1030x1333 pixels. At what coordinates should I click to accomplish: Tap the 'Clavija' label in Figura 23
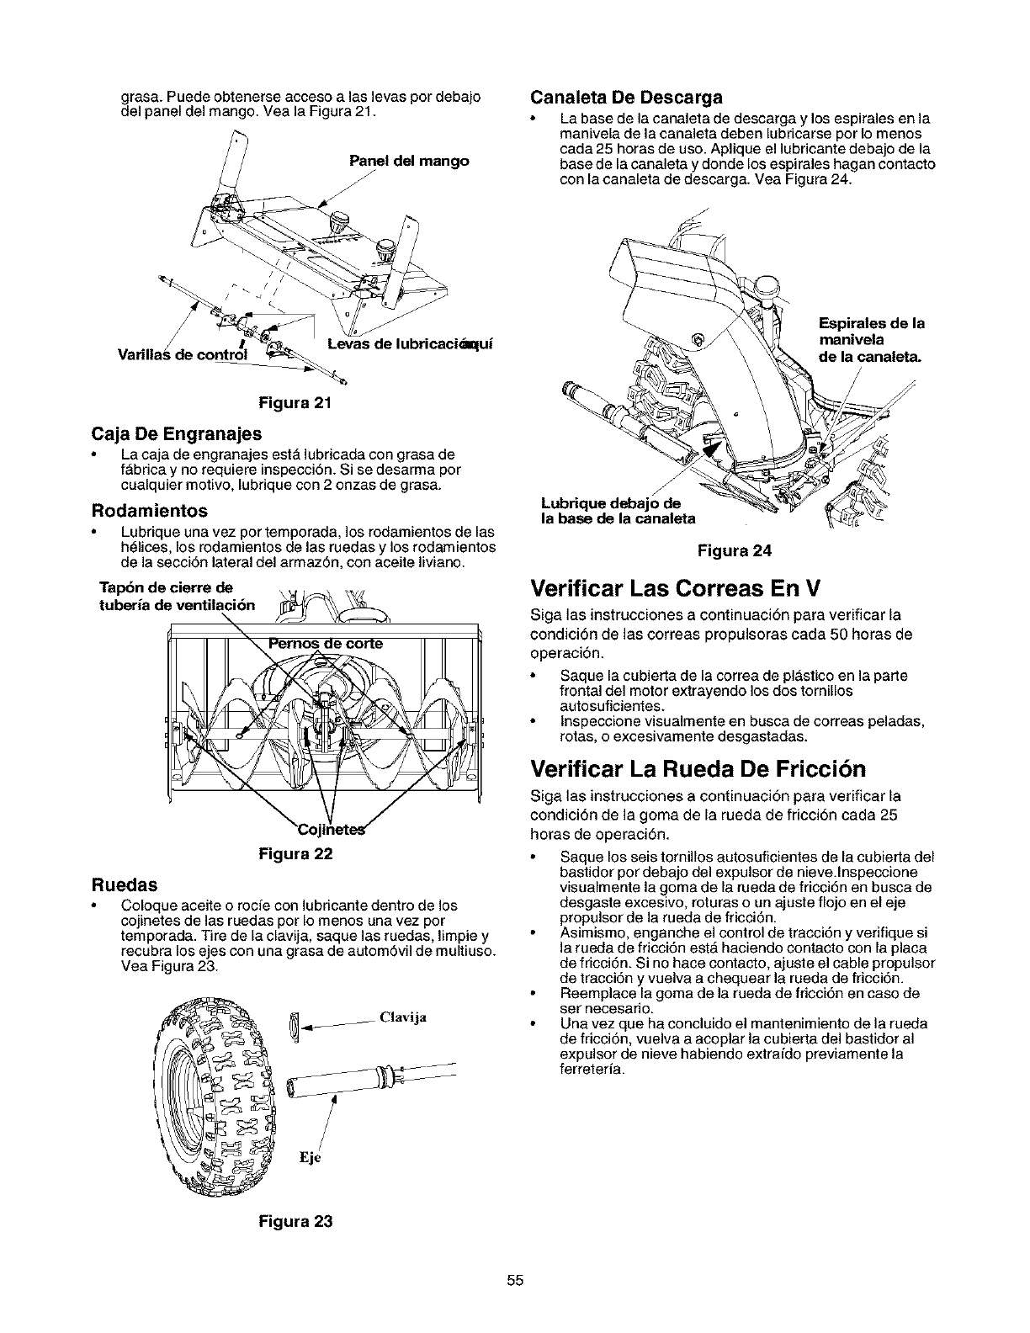click(x=403, y=1017)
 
